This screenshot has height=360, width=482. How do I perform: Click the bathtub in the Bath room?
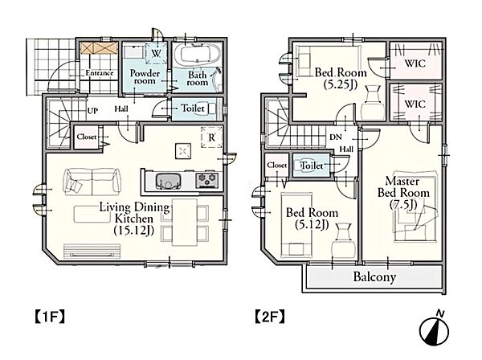[x=198, y=55]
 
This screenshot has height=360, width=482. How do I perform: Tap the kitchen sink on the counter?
[x=168, y=182]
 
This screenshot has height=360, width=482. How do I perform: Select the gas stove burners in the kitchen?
[x=207, y=180]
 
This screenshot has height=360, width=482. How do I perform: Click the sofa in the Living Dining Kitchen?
[x=92, y=182]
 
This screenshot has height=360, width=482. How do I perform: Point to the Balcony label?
[x=374, y=276]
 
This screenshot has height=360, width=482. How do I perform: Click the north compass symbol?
[x=434, y=329]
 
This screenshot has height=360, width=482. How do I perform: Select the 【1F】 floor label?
[x=49, y=317]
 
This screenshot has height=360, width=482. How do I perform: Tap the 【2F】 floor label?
[x=270, y=317]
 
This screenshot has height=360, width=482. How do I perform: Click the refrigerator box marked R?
[x=212, y=137]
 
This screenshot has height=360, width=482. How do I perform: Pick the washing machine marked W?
[x=156, y=53]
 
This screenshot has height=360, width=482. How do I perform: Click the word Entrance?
[x=100, y=73]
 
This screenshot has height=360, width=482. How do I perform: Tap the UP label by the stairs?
[x=92, y=110]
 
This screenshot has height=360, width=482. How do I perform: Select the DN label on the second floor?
[x=336, y=137]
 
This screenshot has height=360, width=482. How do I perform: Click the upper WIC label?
[x=415, y=63]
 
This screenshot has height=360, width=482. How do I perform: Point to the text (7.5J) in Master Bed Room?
[x=403, y=204]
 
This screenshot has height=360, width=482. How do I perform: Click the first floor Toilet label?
[x=193, y=108]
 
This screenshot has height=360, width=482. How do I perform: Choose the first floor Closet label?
[x=87, y=137]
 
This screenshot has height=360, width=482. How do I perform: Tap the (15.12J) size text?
[x=134, y=230]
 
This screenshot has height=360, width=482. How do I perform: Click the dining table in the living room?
[x=185, y=222]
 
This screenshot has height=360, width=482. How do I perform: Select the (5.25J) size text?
[x=341, y=84]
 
